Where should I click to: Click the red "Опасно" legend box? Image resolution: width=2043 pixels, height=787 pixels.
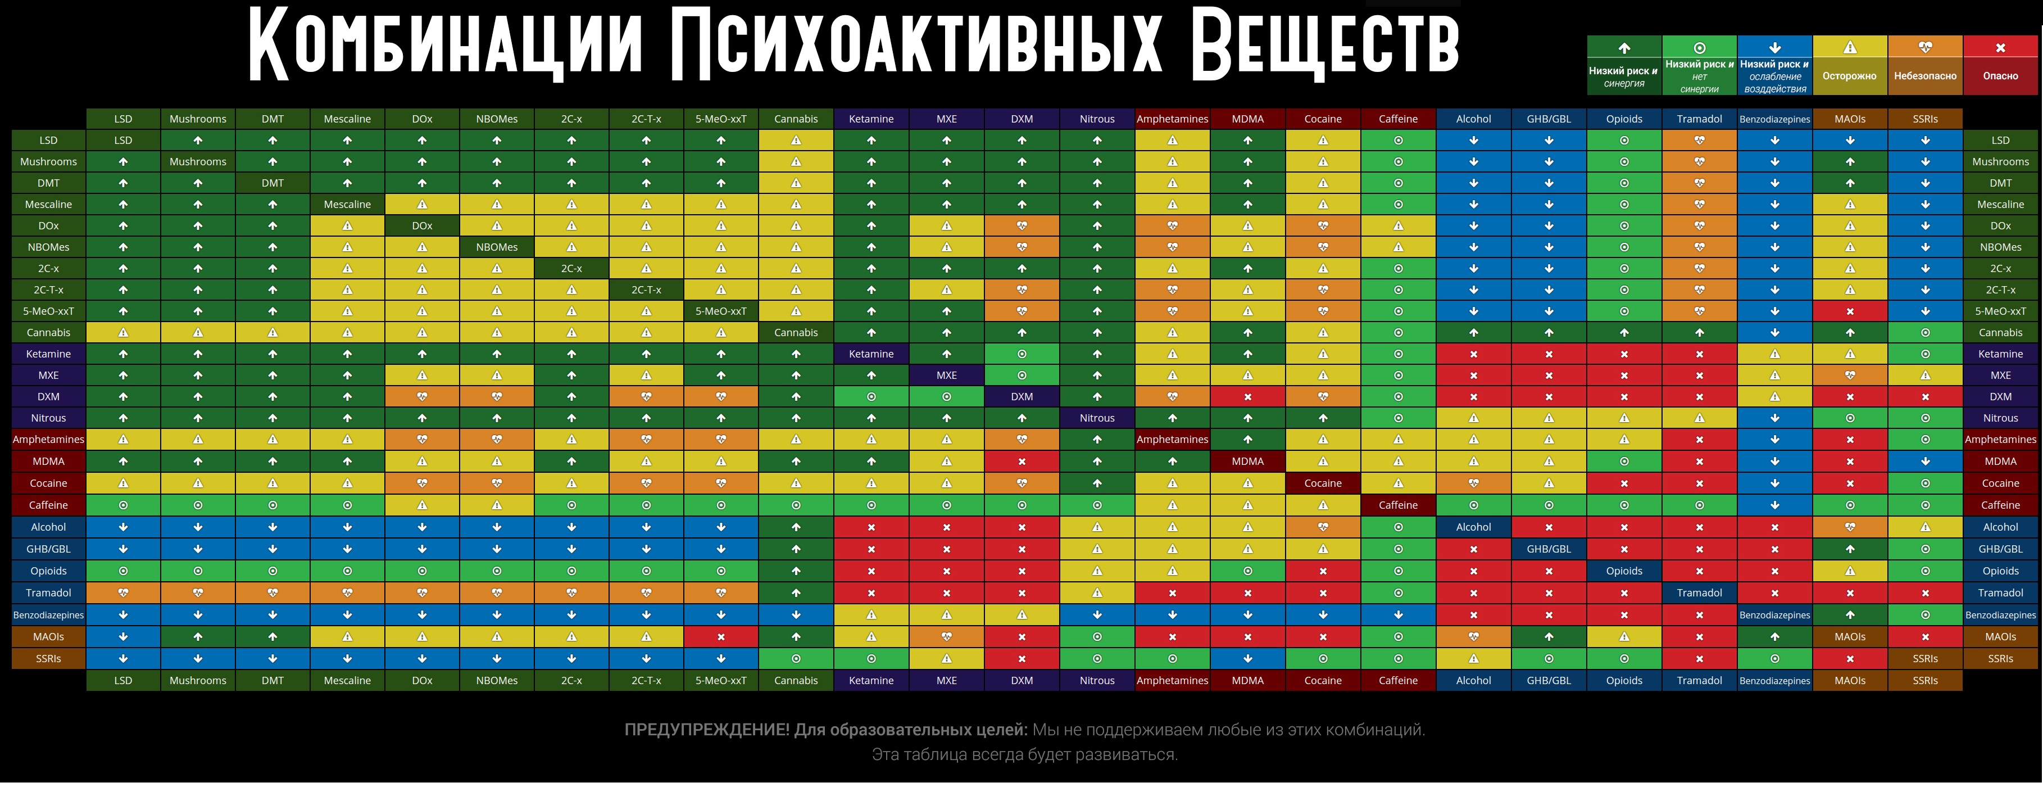pos(2000,65)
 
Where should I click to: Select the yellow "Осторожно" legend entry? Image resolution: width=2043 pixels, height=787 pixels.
pos(1850,65)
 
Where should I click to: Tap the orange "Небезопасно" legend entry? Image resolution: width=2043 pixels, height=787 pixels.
pos(1925,65)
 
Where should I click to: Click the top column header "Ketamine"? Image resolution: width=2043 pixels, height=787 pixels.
pos(871,119)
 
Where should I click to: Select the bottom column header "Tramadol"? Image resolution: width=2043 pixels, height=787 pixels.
pos(1700,681)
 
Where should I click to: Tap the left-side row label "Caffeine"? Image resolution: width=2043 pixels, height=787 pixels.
pos(48,505)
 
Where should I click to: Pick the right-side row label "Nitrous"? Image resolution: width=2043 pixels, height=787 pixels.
pos(2000,418)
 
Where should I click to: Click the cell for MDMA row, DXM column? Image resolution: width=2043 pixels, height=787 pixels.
pos(1022,462)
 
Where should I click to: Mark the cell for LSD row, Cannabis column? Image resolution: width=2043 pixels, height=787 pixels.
pos(796,141)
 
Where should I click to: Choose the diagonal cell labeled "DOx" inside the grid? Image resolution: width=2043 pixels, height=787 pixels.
pos(422,226)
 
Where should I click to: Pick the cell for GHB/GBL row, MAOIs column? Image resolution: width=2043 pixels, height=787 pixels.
pos(1850,549)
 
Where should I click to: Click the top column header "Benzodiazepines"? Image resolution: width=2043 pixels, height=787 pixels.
pos(1775,120)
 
